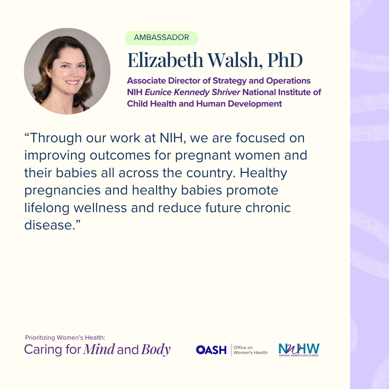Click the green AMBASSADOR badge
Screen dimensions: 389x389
(x=161, y=38)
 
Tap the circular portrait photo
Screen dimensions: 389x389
(x=67, y=71)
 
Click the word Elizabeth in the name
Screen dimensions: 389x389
(x=165, y=60)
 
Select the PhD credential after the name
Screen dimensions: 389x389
(x=285, y=60)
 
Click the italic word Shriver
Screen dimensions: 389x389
(x=226, y=92)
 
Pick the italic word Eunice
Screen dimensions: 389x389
(x=158, y=92)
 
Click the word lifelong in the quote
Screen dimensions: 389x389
(x=47, y=208)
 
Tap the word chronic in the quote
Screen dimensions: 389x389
(x=268, y=208)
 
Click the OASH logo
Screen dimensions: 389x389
(x=211, y=350)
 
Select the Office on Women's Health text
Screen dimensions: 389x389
(x=250, y=350)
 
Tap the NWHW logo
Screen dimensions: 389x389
(x=299, y=350)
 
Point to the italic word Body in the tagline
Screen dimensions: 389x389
(x=156, y=349)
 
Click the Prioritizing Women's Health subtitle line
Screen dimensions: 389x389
(x=65, y=337)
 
